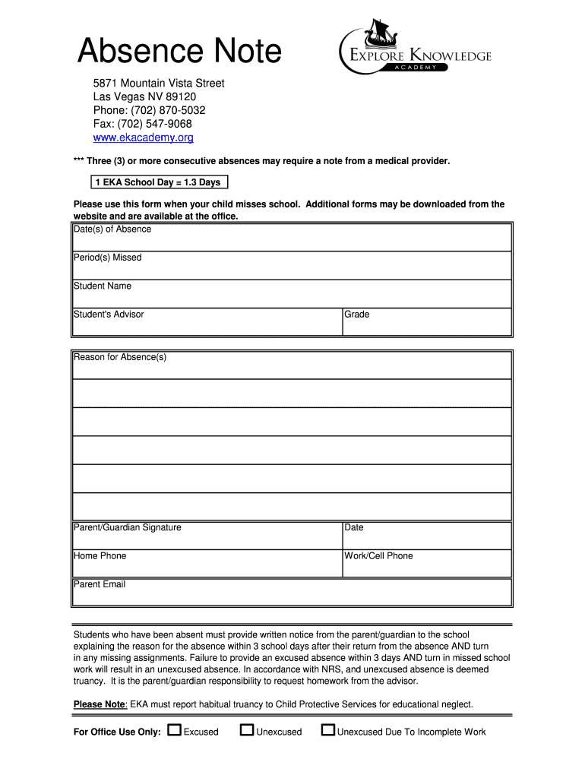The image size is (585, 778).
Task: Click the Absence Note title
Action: (x=180, y=52)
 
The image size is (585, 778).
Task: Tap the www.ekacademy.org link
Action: (x=144, y=138)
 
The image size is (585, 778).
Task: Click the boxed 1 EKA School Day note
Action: (x=157, y=182)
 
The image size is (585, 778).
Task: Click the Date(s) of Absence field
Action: (x=292, y=237)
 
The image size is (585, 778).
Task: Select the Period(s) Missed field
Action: (x=292, y=265)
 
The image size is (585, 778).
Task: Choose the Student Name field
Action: (x=292, y=293)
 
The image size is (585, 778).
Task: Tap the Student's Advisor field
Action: (x=207, y=321)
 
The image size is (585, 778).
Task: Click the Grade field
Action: (x=427, y=321)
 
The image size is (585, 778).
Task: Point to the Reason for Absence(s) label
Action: (x=120, y=357)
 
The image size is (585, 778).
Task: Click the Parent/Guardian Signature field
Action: (x=207, y=535)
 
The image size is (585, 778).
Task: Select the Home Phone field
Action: (x=207, y=563)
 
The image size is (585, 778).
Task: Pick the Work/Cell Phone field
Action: (x=427, y=563)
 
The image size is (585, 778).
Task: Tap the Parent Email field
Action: (x=292, y=592)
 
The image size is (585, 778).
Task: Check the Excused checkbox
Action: (x=175, y=731)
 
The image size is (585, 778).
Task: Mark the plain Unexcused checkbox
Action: (x=247, y=731)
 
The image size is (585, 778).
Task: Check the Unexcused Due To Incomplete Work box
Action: (x=328, y=731)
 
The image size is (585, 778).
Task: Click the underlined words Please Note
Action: (x=100, y=704)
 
